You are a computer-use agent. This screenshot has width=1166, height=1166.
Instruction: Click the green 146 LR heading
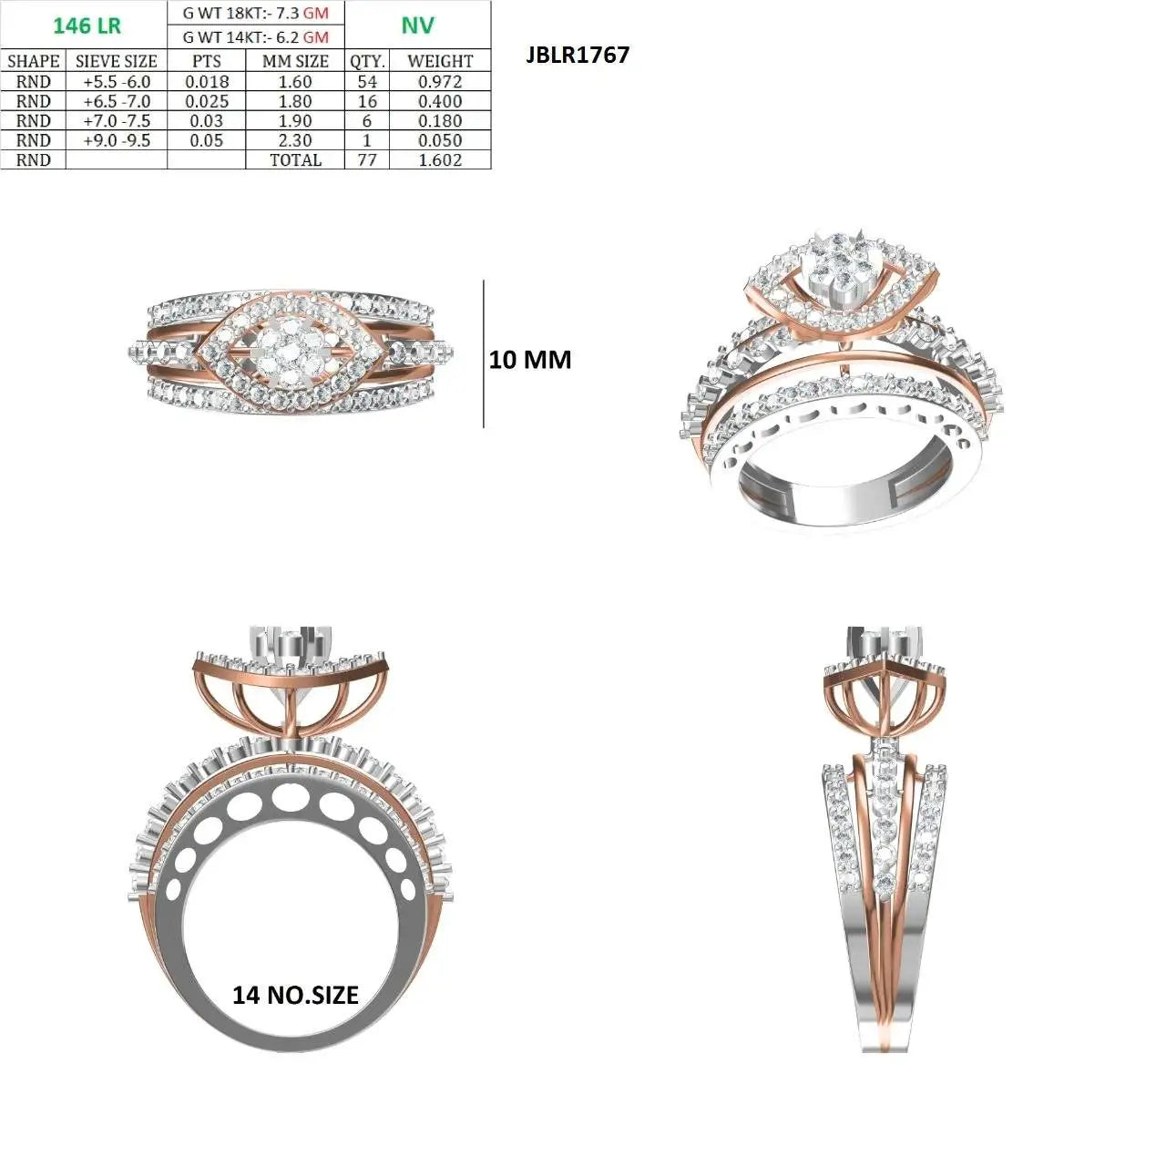tap(87, 26)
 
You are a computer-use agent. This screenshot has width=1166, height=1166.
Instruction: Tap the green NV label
tap(417, 25)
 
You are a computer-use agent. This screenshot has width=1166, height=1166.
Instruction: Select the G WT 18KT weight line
tap(255, 13)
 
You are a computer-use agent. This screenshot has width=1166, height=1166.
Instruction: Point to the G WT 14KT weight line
tap(255, 37)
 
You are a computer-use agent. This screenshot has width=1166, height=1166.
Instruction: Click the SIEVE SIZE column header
tap(117, 61)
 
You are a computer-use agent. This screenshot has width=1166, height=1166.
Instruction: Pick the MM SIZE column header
tap(295, 61)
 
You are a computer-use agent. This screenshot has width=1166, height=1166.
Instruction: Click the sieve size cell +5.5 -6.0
tap(117, 82)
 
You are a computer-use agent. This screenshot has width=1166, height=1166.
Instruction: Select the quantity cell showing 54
tap(367, 82)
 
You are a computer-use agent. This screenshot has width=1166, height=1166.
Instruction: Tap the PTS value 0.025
tap(207, 101)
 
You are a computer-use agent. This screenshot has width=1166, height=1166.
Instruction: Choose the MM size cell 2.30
tap(295, 140)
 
